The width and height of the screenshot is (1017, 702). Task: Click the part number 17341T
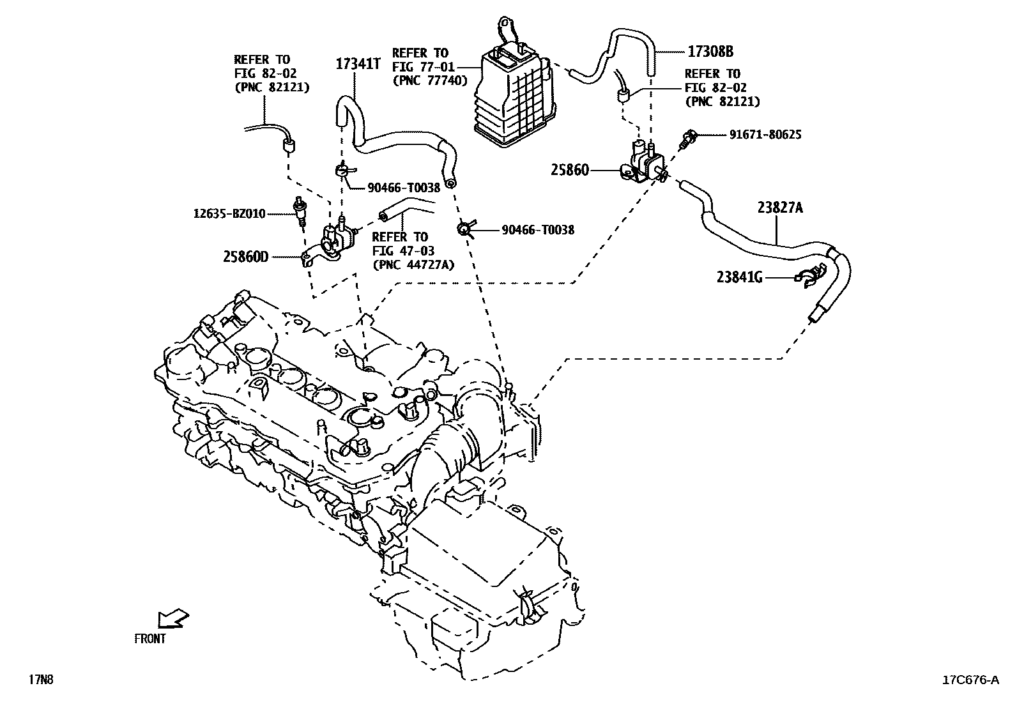pos(358,64)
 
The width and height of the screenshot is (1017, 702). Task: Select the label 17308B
pos(710,51)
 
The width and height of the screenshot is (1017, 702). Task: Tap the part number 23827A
pos(780,207)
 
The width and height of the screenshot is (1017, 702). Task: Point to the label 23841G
pos(740,277)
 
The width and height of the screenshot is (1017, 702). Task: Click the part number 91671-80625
pos(765,135)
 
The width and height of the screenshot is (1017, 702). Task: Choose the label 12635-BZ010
pos(229,213)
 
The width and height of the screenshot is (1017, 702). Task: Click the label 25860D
pos(245,257)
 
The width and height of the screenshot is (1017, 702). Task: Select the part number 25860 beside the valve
pos(570,171)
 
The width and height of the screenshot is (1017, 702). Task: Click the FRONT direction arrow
pos(172,618)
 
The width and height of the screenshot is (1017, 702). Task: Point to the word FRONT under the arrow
pos(149,639)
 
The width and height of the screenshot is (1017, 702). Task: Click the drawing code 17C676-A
pos(970,680)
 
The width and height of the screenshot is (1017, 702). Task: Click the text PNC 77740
pos(430,80)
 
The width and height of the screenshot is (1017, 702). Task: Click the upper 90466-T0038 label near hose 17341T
pos(404,188)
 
